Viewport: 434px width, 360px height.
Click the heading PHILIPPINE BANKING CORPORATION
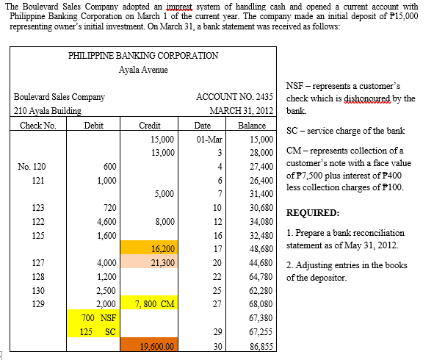click(142, 55)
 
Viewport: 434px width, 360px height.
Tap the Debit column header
click(93, 126)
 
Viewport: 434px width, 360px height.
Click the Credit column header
click(150, 126)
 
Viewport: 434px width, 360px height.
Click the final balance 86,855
click(261, 345)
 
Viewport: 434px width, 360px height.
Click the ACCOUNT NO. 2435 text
click(235, 97)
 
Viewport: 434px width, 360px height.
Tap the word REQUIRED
click(312, 214)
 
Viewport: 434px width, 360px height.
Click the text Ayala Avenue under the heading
click(142, 70)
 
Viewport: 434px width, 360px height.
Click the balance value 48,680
click(261, 249)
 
